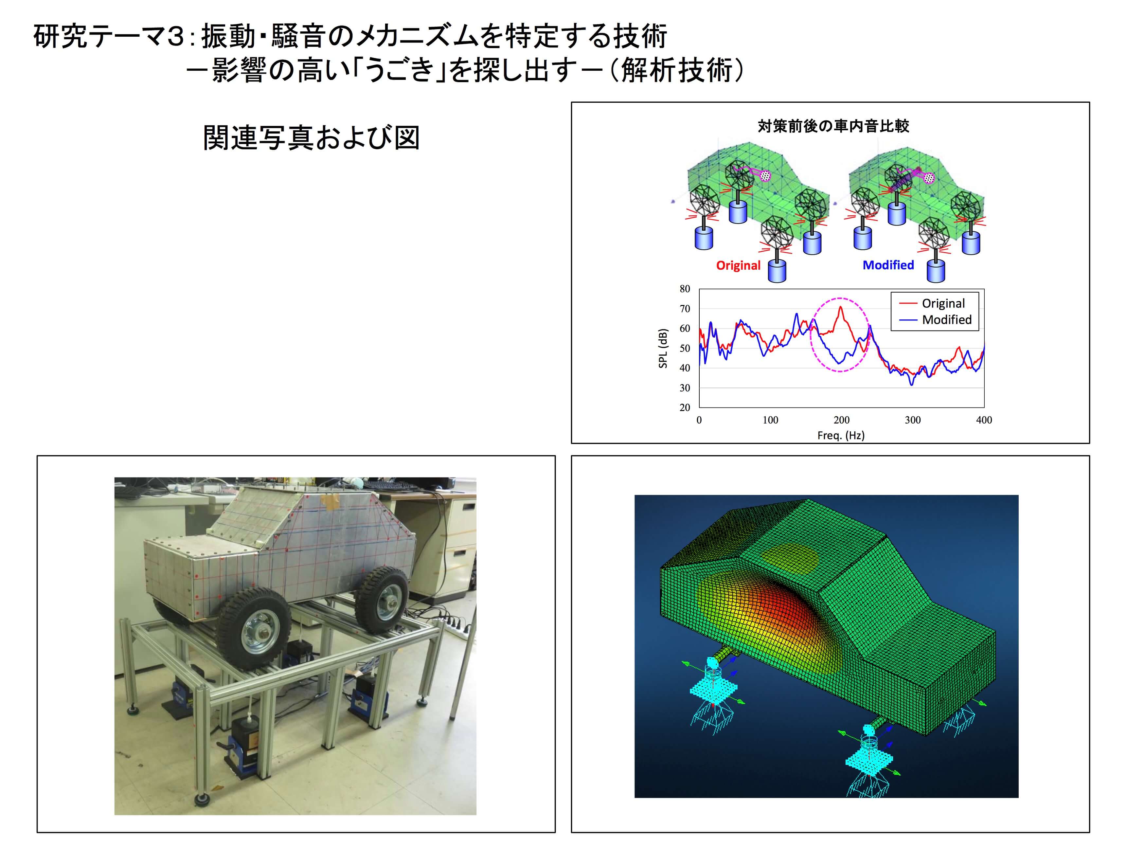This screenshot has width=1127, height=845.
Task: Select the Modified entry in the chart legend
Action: (936, 319)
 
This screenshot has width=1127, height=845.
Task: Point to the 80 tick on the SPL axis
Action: (685, 289)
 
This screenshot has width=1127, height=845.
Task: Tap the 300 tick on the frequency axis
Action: (913, 420)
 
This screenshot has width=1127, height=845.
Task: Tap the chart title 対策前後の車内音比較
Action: (833, 126)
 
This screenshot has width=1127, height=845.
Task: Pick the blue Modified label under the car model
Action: (888, 265)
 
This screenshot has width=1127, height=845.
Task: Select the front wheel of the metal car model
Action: (253, 628)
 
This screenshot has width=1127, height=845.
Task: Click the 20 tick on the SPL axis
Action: (685, 408)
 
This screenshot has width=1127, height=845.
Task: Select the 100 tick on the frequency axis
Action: (770, 420)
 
